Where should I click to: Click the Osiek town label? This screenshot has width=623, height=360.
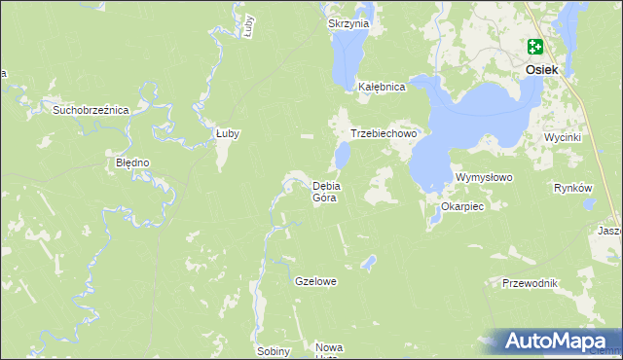pyautogui.click(x=541, y=70)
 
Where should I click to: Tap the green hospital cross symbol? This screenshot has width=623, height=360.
pyautogui.click(x=535, y=46)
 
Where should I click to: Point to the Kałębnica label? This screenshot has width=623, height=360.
pyautogui.click(x=381, y=87)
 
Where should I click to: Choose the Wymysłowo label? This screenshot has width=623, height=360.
pyautogui.click(x=484, y=178)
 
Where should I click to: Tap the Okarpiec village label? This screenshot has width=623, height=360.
pyautogui.click(x=462, y=206)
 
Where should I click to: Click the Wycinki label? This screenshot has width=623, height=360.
pyautogui.click(x=563, y=137)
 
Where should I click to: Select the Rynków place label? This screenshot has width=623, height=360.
pyautogui.click(x=572, y=188)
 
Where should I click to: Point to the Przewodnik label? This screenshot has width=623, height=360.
pyautogui.click(x=530, y=283)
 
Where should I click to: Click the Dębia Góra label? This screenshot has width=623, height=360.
pyautogui.click(x=324, y=191)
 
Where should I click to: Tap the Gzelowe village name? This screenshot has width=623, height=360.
pyautogui.click(x=315, y=281)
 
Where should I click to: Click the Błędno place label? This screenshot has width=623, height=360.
pyautogui.click(x=132, y=162)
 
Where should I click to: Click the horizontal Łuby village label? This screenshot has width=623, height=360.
pyautogui.click(x=227, y=133)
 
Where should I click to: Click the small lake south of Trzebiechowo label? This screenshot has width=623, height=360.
pyautogui.click(x=342, y=156)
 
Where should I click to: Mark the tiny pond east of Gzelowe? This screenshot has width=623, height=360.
pyautogui.click(x=367, y=261)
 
